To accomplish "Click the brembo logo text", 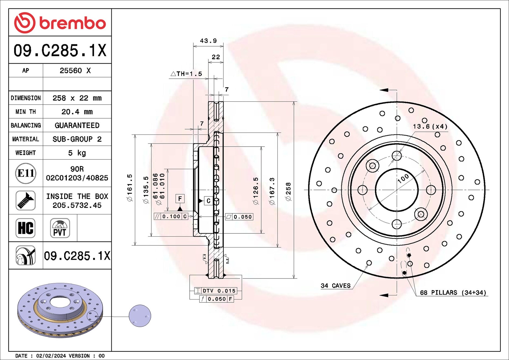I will pyautogui.click(x=73, y=23).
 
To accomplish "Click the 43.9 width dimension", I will pyautogui.click(x=208, y=41).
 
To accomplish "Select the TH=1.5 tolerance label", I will pyautogui.click(x=187, y=74).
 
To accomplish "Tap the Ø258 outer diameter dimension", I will pyautogui.click(x=288, y=191).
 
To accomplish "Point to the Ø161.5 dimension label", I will pyautogui.click(x=130, y=188).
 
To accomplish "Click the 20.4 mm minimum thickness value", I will pyautogui.click(x=77, y=112).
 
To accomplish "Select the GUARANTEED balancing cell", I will pyautogui.click(x=77, y=126).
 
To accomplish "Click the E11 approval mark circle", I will pyautogui.click(x=26, y=173).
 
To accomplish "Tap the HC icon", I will pyautogui.click(x=26, y=228).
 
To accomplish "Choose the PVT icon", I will pyautogui.click(x=60, y=228).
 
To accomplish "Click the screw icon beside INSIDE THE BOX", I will pyautogui.click(x=26, y=201).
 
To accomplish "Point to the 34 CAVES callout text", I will pyautogui.click(x=336, y=286).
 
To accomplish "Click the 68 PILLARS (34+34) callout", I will pyautogui.click(x=453, y=293).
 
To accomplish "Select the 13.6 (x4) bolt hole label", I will pyautogui.click(x=430, y=127).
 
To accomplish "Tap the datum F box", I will pyautogui.click(x=180, y=199).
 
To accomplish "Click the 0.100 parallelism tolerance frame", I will pyautogui.click(x=171, y=216).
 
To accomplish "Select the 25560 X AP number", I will pyautogui.click(x=75, y=71).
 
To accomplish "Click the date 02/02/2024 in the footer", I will pyautogui.click(x=51, y=356).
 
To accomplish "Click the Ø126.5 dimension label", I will pyautogui.click(x=256, y=191).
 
